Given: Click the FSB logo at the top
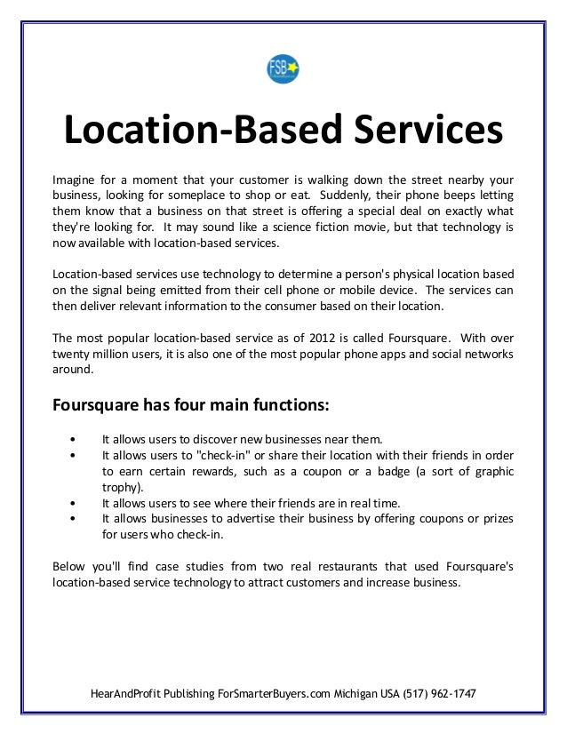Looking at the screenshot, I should pyautogui.click(x=283, y=69).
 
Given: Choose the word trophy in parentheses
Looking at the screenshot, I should pyautogui.click(x=122, y=488).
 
